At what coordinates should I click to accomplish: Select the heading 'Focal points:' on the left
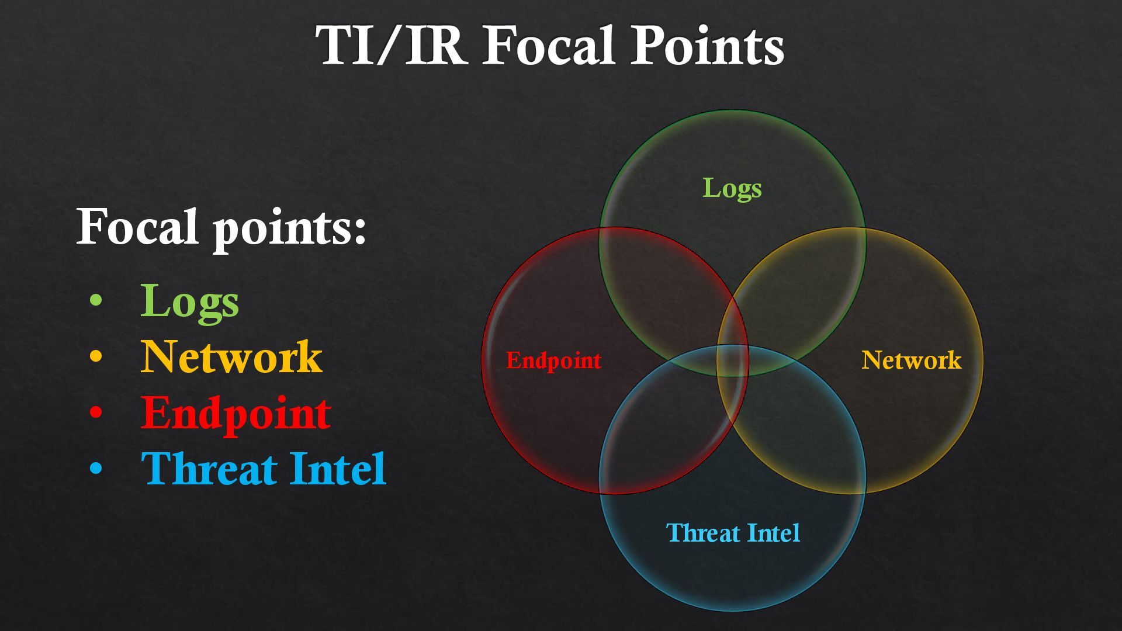(x=221, y=227)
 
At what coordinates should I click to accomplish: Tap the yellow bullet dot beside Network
(x=96, y=356)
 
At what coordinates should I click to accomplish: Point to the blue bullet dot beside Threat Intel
(x=96, y=468)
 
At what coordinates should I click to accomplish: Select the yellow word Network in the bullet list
(x=231, y=356)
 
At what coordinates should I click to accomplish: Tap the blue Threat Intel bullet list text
(x=264, y=468)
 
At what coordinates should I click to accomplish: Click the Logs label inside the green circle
(x=732, y=188)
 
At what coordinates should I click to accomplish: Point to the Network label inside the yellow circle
(x=911, y=360)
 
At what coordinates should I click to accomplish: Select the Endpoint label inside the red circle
(x=553, y=360)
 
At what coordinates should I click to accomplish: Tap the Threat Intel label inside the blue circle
(x=733, y=533)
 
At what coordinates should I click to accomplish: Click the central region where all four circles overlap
(x=732, y=361)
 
